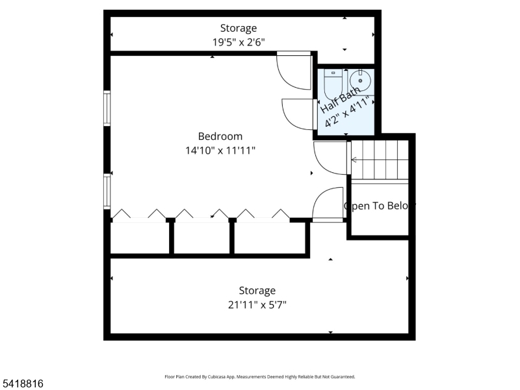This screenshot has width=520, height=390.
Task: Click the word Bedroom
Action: point(220,136)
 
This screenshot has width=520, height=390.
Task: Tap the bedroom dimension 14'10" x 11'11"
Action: point(220,151)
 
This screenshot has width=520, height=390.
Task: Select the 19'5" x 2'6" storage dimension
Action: point(238,42)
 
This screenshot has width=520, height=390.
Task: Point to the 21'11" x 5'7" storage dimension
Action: point(257,304)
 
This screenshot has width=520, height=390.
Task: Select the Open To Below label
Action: point(379,206)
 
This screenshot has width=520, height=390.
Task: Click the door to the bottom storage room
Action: point(328,205)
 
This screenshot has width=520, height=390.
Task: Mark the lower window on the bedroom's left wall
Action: point(107,190)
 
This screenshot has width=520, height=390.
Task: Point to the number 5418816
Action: point(23,384)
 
